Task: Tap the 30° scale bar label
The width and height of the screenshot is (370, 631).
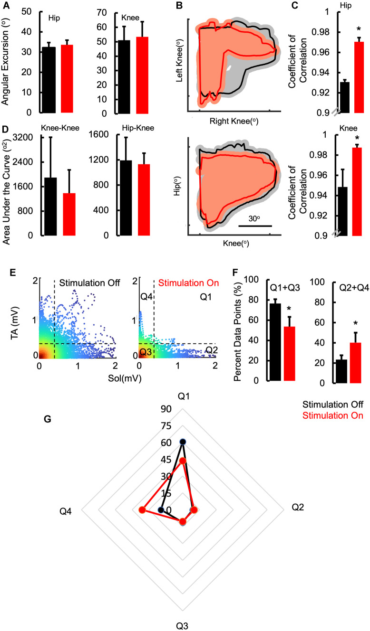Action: pyautogui.click(x=255, y=217)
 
